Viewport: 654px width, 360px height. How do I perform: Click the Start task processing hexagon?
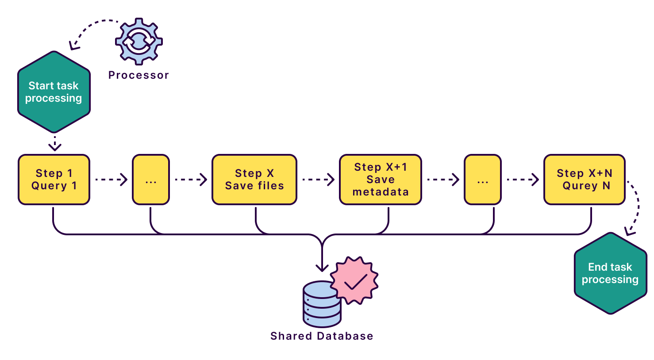click(54, 92)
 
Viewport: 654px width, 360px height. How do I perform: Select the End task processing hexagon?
click(610, 273)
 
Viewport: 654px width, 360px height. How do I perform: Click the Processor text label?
click(138, 75)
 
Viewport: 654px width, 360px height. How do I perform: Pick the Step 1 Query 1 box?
click(54, 180)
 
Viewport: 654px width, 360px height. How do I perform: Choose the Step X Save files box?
click(254, 180)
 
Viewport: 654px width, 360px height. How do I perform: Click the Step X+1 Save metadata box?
click(381, 180)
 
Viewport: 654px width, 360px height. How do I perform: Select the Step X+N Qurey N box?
click(584, 180)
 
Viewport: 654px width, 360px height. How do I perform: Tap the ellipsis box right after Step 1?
click(151, 180)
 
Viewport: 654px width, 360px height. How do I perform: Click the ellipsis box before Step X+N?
click(483, 180)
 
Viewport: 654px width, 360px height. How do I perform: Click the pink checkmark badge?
click(355, 280)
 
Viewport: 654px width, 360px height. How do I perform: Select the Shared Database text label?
click(322, 336)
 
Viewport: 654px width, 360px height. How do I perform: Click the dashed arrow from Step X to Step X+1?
click(318, 180)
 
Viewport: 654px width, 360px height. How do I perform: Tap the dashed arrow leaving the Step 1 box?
click(111, 180)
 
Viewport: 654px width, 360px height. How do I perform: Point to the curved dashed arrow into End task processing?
click(636, 208)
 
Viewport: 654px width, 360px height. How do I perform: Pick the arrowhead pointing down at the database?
click(322, 267)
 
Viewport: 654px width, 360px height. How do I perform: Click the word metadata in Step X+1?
click(381, 192)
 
